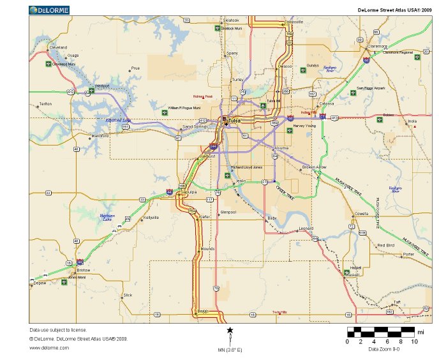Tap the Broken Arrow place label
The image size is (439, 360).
click(314, 167)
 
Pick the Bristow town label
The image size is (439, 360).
click(84, 270)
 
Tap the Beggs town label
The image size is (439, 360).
click(204, 311)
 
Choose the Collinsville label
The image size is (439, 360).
click(294, 22)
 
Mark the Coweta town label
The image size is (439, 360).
click(362, 214)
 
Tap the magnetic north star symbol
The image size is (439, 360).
click(230, 330)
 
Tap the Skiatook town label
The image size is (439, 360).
click(230, 20)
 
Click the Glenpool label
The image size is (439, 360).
click(228, 212)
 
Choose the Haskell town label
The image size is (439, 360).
click(352, 274)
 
